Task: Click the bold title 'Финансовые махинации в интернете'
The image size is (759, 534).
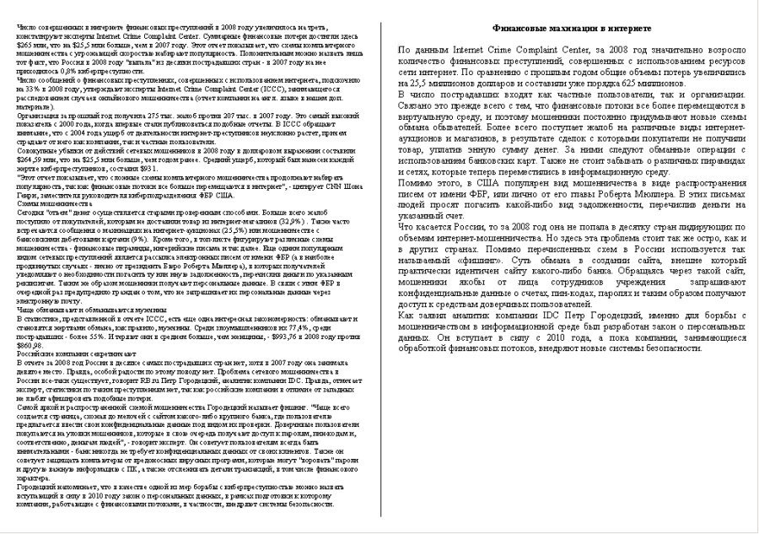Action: tap(571, 29)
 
